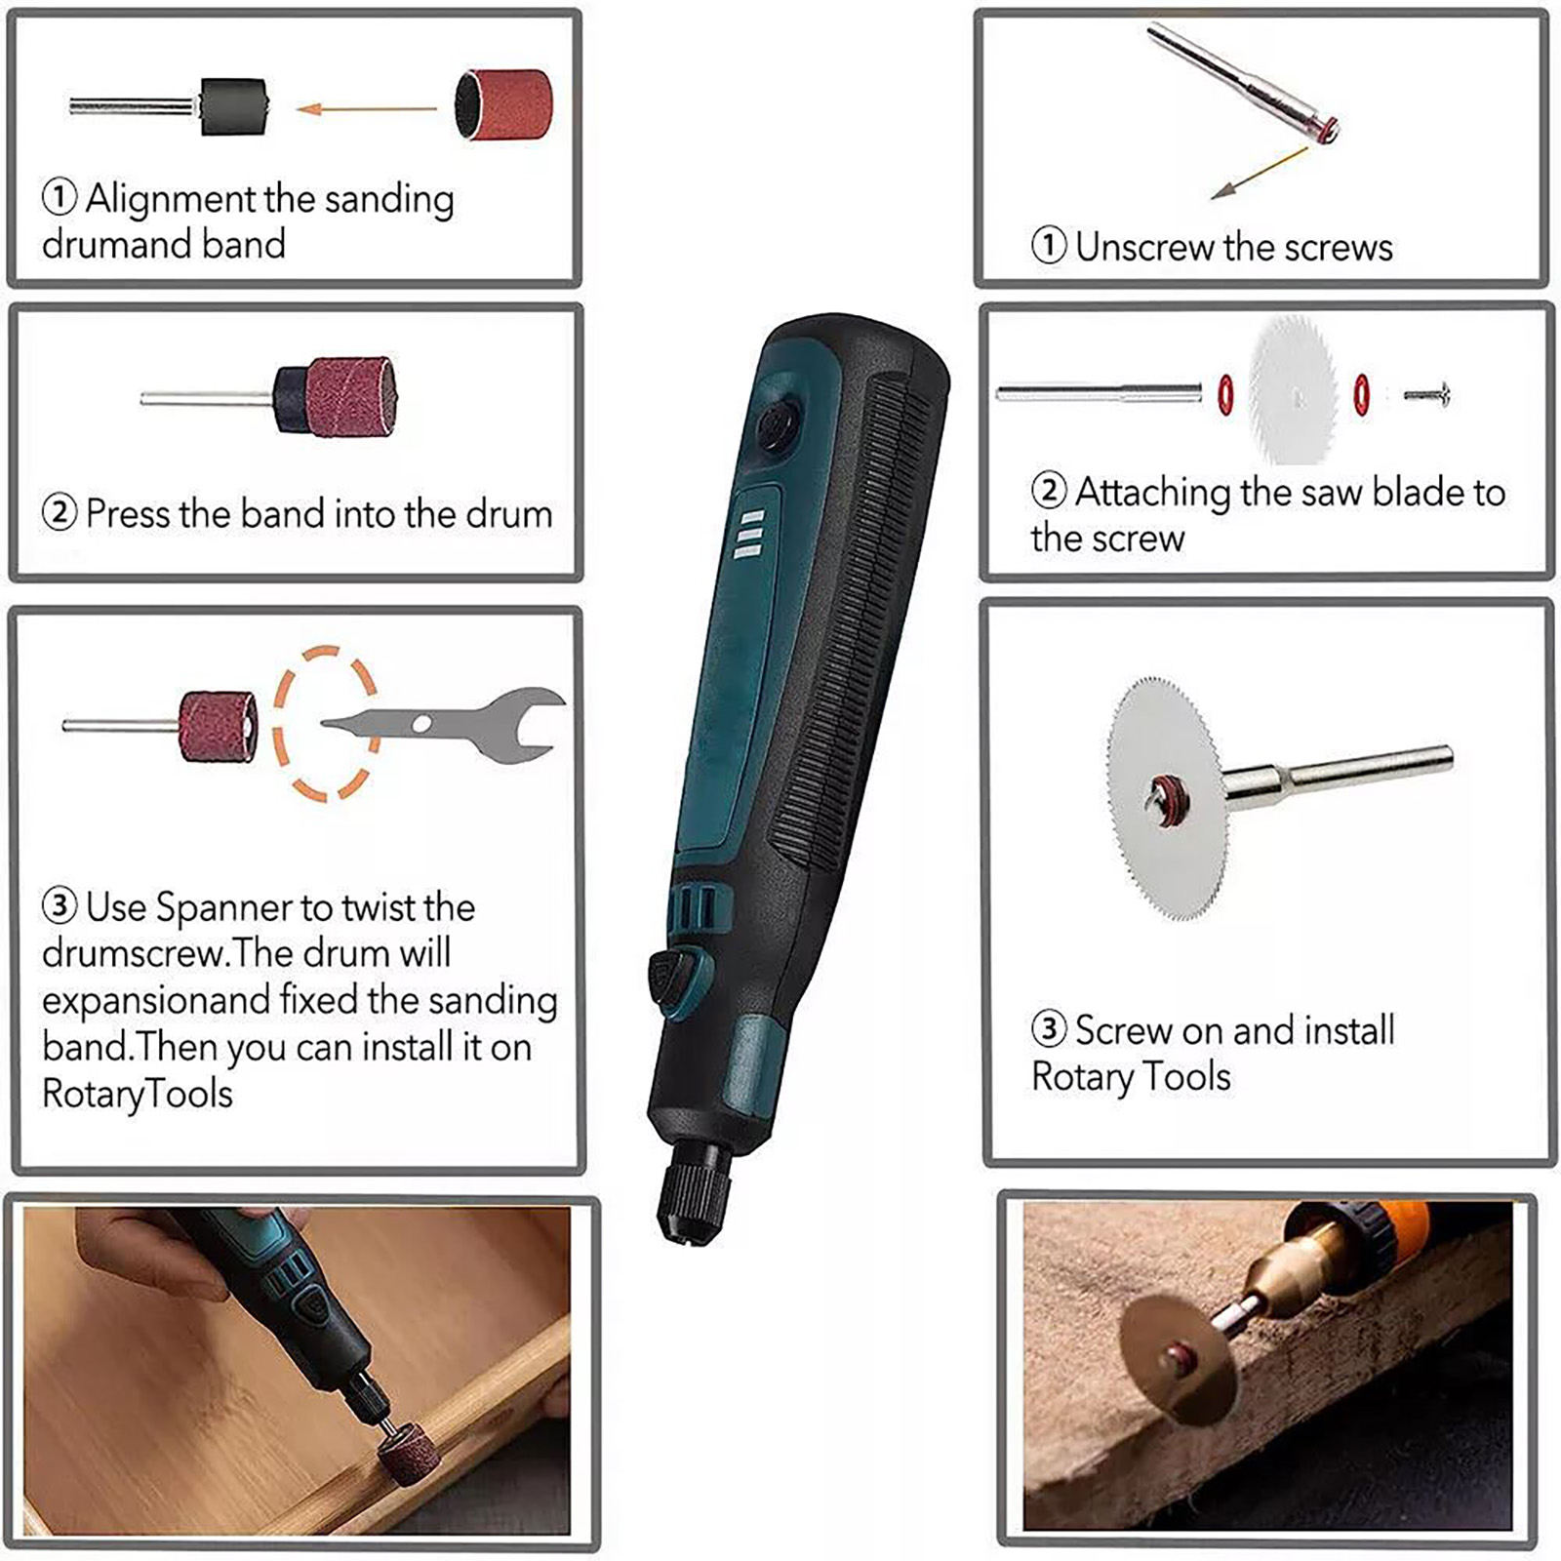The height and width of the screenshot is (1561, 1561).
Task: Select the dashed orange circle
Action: coord(325,723)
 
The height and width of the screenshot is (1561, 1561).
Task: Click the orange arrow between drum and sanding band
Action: coord(366,108)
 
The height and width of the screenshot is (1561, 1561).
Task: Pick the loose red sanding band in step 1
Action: coord(502,104)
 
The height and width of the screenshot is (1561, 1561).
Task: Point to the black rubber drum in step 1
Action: coord(232,106)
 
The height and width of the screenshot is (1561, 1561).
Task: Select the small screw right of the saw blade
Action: coord(1427,395)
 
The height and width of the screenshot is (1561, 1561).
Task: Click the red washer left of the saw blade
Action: coord(1225,395)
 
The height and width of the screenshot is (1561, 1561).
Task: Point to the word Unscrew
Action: coord(1144,247)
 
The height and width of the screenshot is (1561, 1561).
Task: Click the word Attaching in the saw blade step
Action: coord(1153,494)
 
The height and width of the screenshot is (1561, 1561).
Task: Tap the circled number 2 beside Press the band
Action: coord(60,512)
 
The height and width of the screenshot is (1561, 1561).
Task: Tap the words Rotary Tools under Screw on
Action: coord(1131,1077)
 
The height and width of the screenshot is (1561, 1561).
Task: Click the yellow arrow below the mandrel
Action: coord(1259,174)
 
